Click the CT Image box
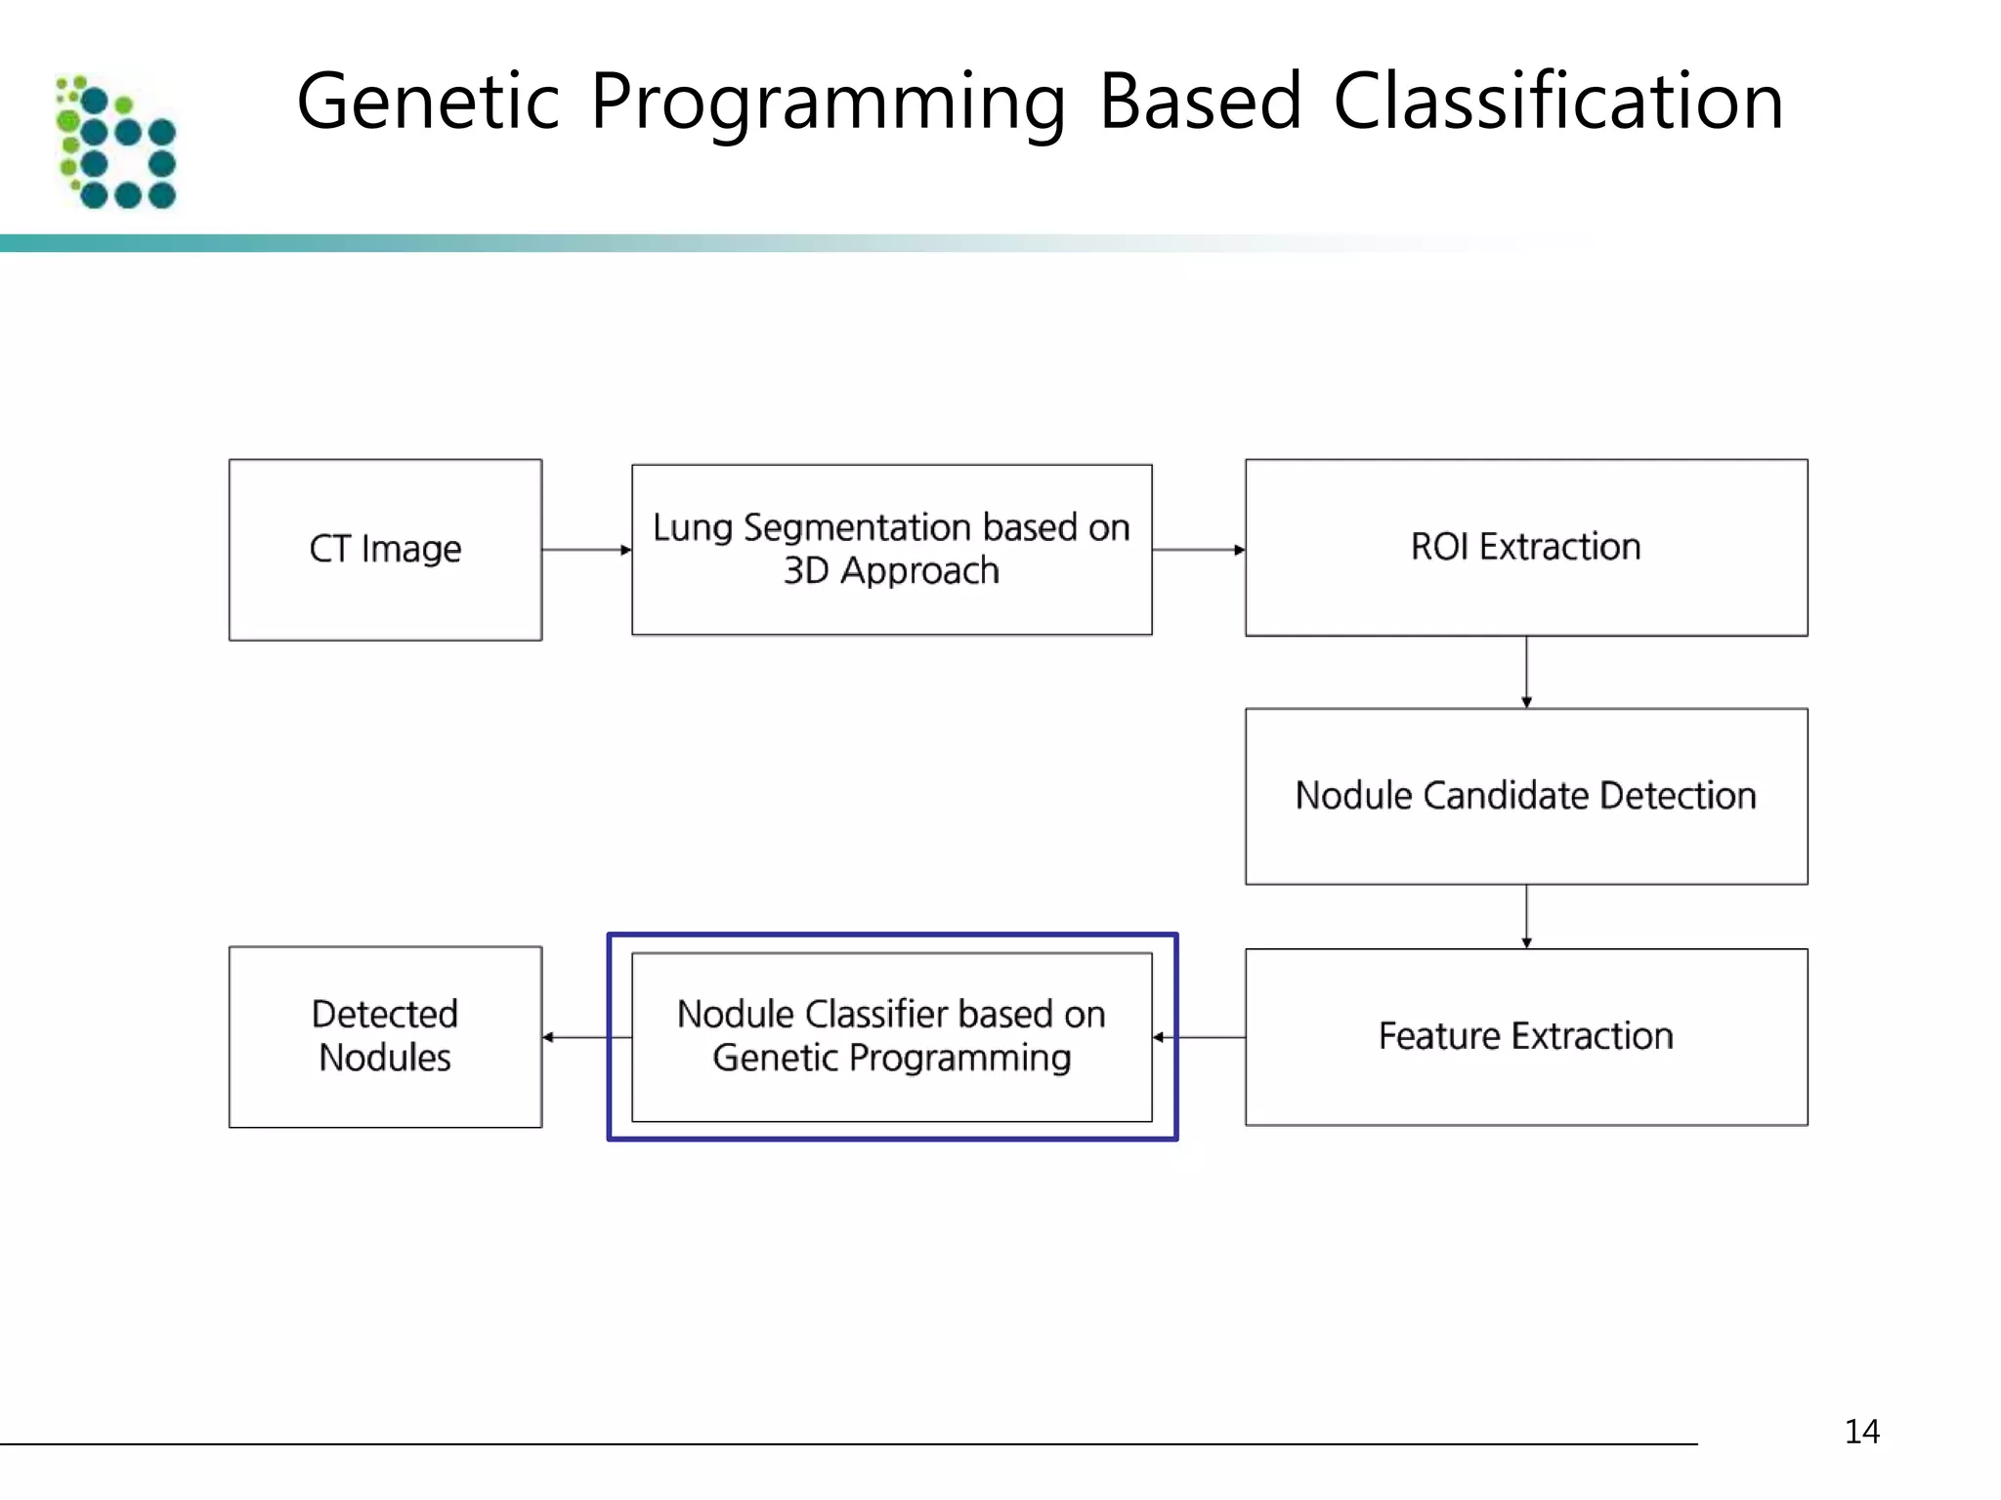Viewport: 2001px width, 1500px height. pos(385,550)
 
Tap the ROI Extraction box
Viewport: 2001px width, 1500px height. pos(1525,548)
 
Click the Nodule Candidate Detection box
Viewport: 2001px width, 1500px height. pos(1525,796)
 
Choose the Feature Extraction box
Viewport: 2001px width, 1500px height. pos(1525,1036)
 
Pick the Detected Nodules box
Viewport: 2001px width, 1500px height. pos(385,1036)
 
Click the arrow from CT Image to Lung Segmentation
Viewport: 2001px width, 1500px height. pos(586,550)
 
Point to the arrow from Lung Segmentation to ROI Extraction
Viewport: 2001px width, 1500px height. pos(1198,550)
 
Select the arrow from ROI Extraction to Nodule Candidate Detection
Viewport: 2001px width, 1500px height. pos(1526,672)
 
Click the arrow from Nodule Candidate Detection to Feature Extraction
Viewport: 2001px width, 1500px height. pos(1526,916)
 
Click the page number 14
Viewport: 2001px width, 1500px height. pos(1861,1432)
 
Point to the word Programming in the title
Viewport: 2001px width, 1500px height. pos(829,104)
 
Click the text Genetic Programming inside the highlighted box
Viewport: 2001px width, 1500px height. pos(891,1059)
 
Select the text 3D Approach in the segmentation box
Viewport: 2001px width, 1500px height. pos(891,570)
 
